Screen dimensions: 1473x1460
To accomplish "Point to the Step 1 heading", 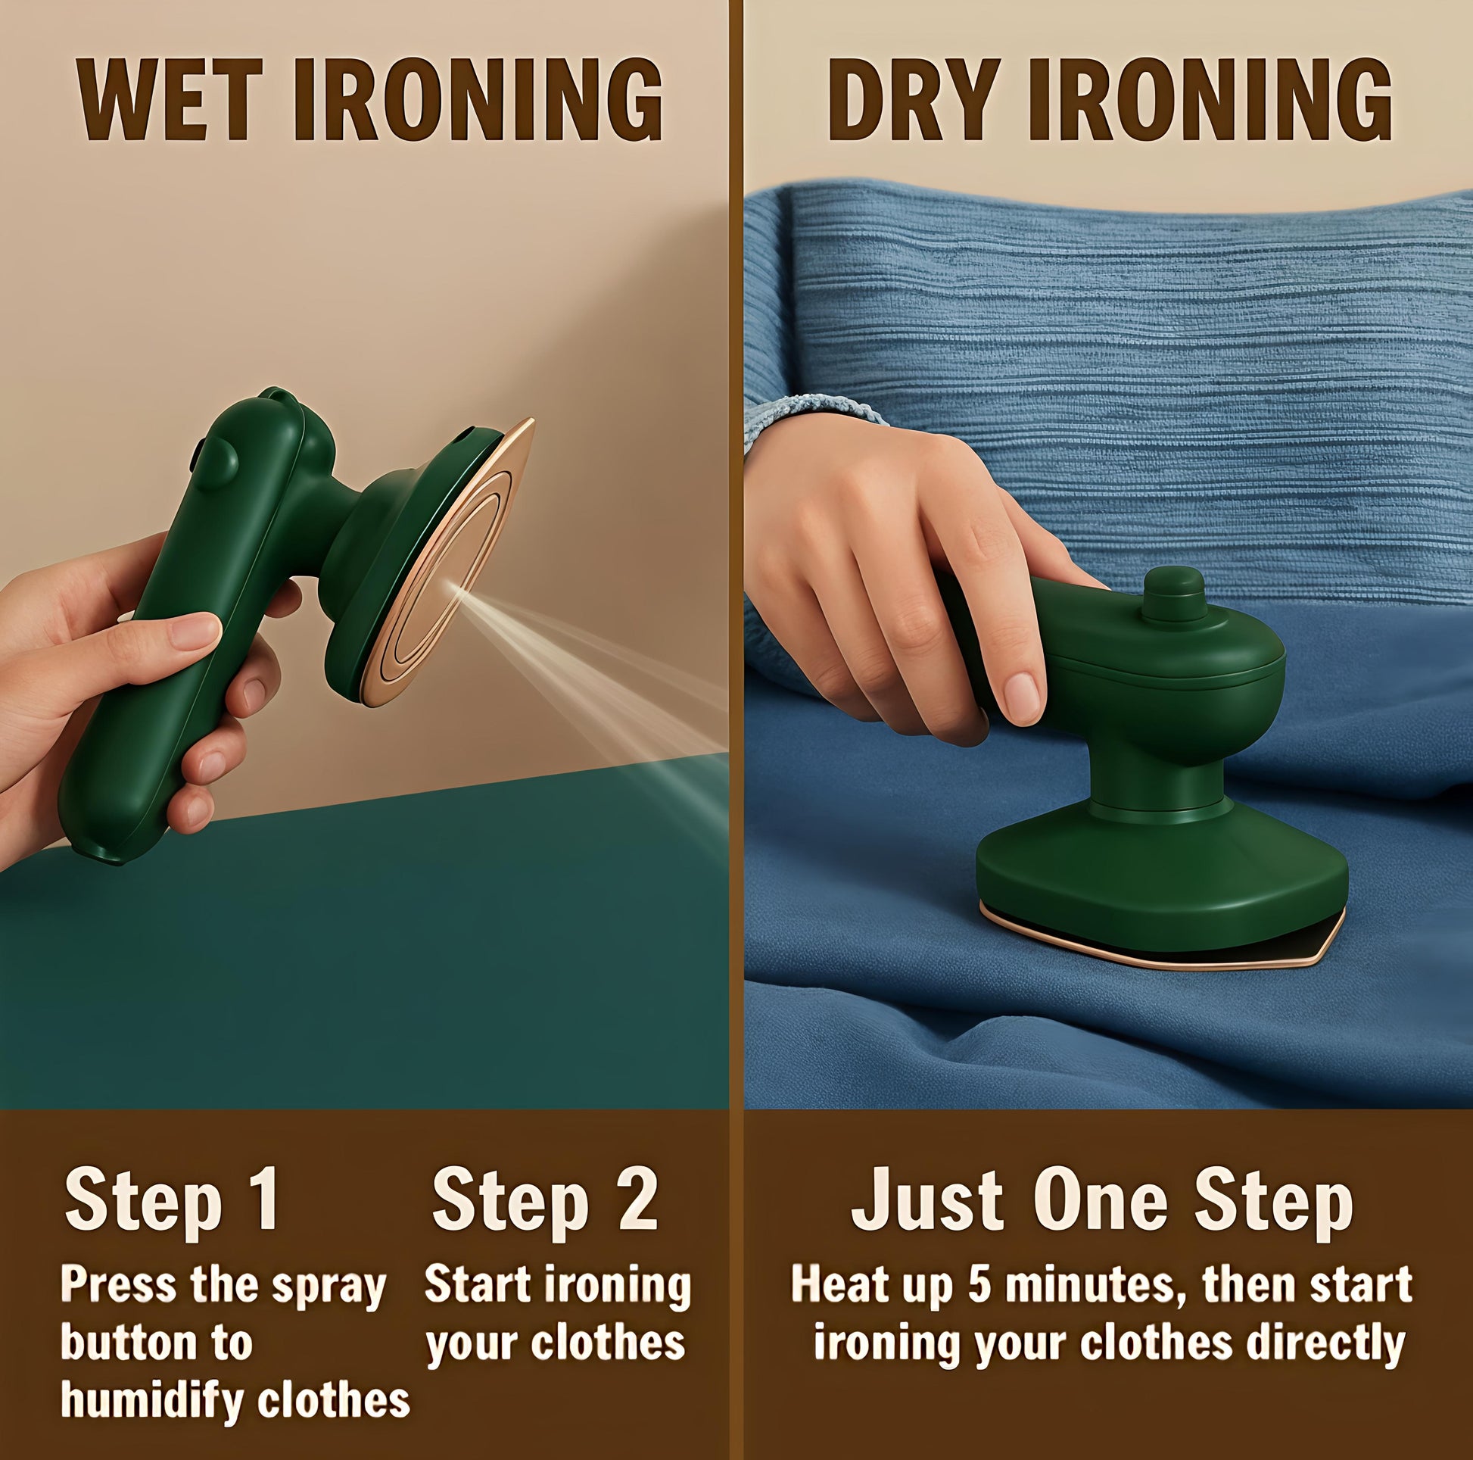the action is coord(172,1203).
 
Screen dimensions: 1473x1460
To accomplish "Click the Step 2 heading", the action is coord(545,1203).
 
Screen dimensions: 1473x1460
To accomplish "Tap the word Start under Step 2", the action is coord(466,1284).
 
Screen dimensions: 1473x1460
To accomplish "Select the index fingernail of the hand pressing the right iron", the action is coord(1021,695).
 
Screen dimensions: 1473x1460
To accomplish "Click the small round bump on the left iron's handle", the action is coord(222,460).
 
